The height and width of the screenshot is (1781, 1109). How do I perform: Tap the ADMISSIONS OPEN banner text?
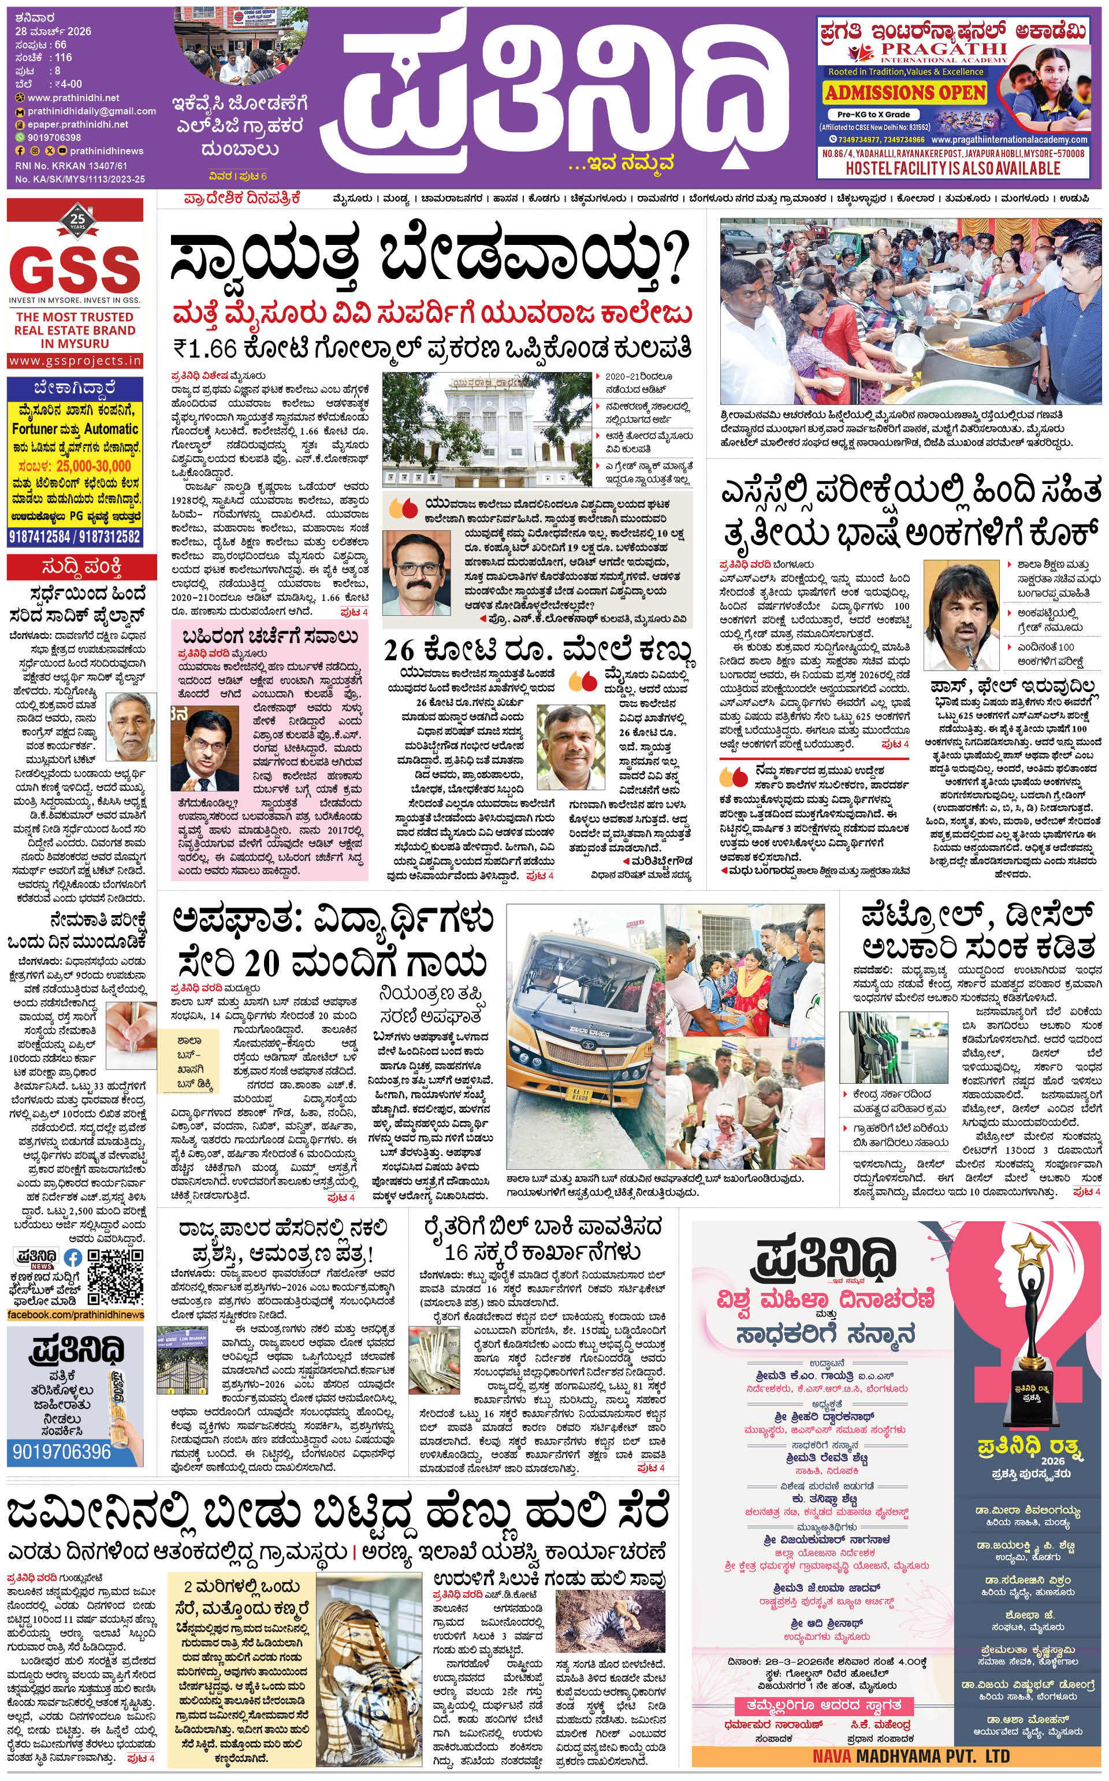click(905, 92)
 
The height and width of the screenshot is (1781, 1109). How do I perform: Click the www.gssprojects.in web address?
click(76, 361)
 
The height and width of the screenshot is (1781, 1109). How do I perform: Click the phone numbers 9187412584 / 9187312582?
click(75, 536)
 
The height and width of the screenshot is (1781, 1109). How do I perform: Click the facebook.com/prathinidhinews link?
click(76, 1315)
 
